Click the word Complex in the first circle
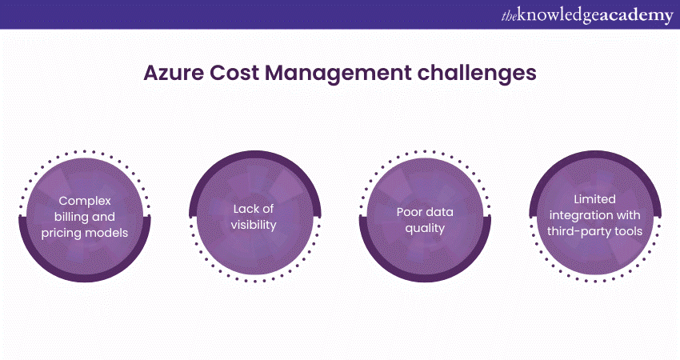point(85,202)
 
